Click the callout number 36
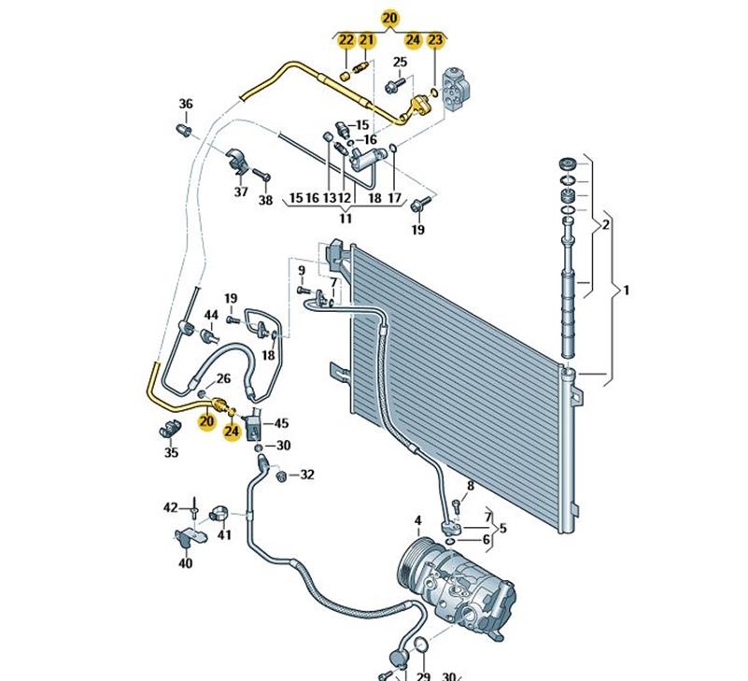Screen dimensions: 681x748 coord(186,104)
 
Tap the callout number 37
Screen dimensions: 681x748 coord(241,192)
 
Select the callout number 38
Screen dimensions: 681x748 coord(265,199)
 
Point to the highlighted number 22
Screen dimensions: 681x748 coord(346,39)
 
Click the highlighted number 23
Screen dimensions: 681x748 coord(436,39)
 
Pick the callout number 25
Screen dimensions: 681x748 coord(400,63)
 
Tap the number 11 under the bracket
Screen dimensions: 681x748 coord(346,219)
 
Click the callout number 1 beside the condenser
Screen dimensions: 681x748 coord(627,291)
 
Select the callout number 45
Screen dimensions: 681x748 coord(281,423)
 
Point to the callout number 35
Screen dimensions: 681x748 coord(171,453)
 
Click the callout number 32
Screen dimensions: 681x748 coord(307,475)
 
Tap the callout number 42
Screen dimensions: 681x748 coord(170,507)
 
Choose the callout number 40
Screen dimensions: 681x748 coord(185,563)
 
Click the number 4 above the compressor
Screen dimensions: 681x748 coord(418,520)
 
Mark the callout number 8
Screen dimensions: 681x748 coord(471,486)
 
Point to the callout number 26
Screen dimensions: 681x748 coord(223,378)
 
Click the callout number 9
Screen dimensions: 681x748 coord(302,271)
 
